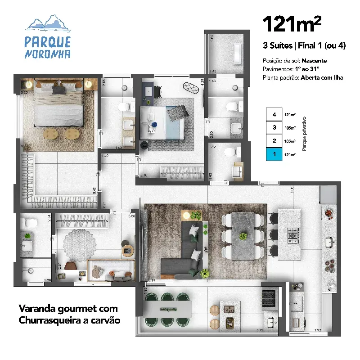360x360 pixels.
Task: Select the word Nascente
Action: click(314, 61)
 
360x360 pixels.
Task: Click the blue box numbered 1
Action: click(274, 154)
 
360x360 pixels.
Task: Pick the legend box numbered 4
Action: click(274, 114)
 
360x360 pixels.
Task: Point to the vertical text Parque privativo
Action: click(305, 134)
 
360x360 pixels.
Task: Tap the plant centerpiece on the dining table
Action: click(243, 236)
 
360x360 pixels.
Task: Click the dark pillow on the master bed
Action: click(58, 90)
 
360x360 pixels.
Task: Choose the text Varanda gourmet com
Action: click(68, 309)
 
